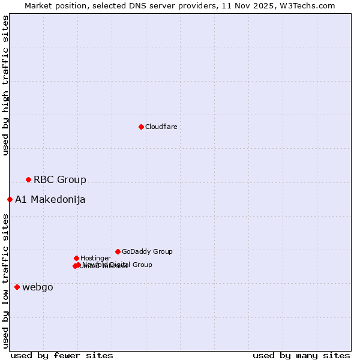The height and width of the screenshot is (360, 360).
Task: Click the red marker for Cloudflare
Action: pyautogui.click(x=141, y=127)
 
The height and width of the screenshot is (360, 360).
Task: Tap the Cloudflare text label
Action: pyautogui.click(x=161, y=127)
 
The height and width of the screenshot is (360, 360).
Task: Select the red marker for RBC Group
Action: pyautogui.click(x=28, y=179)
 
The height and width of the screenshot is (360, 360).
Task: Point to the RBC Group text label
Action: pyautogui.click(x=59, y=179)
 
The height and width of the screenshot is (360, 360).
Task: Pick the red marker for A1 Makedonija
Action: pyautogui.click(x=10, y=199)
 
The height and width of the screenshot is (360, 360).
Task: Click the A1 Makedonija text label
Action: pyautogui.click(x=50, y=199)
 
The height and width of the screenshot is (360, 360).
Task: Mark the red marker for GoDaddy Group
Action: pyautogui.click(x=118, y=251)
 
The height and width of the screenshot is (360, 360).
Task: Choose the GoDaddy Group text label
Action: pyautogui.click(x=146, y=251)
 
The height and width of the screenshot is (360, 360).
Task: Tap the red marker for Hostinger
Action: pyautogui.click(x=76, y=258)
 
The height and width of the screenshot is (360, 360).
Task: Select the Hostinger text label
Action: pyautogui.click(x=95, y=258)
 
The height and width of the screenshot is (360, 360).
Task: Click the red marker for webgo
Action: pyautogui.click(x=17, y=287)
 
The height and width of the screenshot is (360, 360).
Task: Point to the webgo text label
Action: pyautogui.click(x=38, y=287)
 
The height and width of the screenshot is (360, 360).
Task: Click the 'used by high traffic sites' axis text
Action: pyautogui.click(x=5, y=85)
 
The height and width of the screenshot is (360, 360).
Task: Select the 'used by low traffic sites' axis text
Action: pyautogui.click(x=5, y=281)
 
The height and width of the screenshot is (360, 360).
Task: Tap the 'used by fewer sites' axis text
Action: pyautogui.click(x=62, y=355)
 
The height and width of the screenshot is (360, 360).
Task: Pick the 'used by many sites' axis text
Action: pyautogui.click(x=301, y=355)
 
